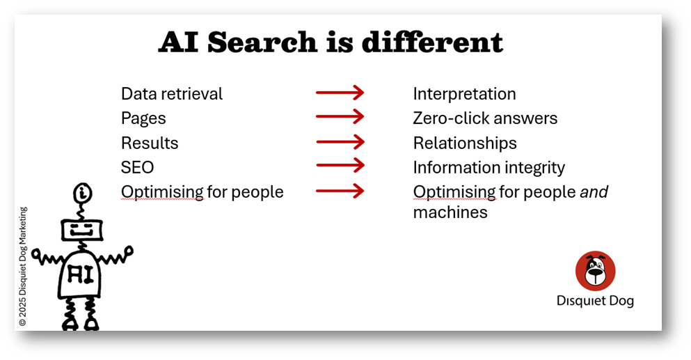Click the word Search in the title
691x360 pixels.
[x=262, y=42]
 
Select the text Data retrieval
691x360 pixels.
[x=172, y=93]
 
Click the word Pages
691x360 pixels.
[x=143, y=119]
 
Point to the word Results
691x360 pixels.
[x=150, y=143]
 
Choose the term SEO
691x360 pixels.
[x=138, y=168]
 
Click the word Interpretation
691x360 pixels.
[x=464, y=95]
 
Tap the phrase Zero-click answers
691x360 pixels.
[x=485, y=118]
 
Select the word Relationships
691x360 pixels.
[x=465, y=143]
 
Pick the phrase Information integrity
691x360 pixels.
[x=489, y=168]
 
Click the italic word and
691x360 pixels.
[x=594, y=192]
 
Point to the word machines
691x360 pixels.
[x=450, y=212]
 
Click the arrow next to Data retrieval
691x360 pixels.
[x=340, y=93]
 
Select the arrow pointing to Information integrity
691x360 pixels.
[x=340, y=166]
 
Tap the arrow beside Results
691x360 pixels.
[x=340, y=142]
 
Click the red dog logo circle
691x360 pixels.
[x=596, y=271]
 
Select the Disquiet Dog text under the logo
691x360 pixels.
[x=596, y=300]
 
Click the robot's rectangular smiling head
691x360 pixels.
[x=82, y=229]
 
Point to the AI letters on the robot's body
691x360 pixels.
[x=80, y=274]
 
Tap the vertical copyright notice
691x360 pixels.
[x=23, y=267]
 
